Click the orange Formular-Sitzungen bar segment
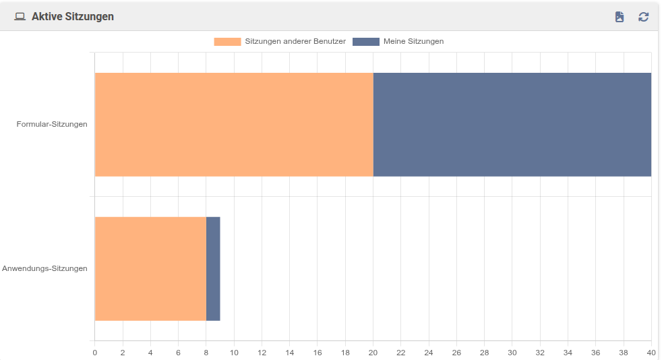234,125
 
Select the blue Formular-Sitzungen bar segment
512,125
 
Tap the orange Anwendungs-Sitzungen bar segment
150,268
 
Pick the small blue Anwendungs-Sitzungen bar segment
213,268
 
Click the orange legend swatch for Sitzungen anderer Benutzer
227,42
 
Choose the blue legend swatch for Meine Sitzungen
366,42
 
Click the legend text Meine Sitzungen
413,42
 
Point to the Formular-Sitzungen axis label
52,124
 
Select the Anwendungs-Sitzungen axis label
44,268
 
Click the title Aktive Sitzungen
73,16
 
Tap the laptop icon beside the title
20,16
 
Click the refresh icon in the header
644,17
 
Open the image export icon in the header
620,17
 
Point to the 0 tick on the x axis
95,352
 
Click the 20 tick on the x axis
373,352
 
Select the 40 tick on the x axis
651,352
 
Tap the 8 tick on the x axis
206,352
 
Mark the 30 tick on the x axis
512,352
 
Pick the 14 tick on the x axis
289,352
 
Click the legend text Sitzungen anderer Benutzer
295,42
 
